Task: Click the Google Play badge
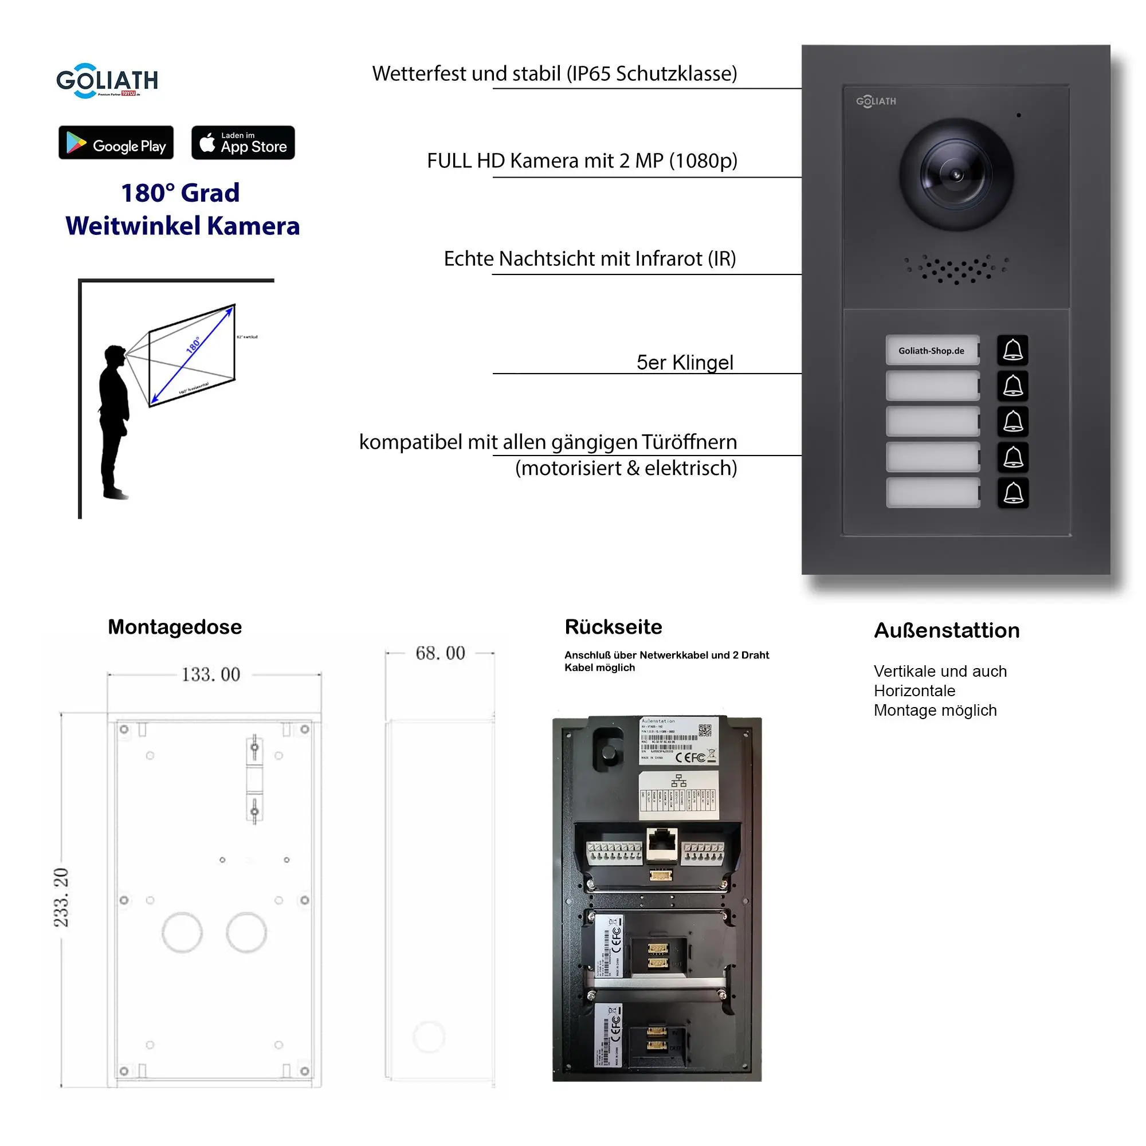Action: click(116, 142)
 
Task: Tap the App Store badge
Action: click(242, 142)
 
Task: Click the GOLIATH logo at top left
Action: click(107, 81)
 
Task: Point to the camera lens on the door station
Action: click(956, 174)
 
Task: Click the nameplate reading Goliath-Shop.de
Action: click(931, 350)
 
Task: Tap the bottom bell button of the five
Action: click(1012, 493)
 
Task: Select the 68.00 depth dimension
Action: click(439, 653)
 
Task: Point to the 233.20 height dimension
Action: click(61, 897)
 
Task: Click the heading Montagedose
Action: click(174, 627)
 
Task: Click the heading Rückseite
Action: click(613, 627)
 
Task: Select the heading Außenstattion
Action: click(946, 630)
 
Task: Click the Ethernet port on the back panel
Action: click(661, 843)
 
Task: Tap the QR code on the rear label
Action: click(704, 730)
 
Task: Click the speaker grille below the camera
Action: click(956, 269)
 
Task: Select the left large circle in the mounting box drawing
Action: click(182, 932)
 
